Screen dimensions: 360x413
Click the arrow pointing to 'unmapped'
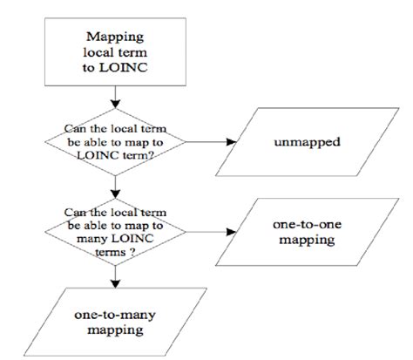pyautogui.click(x=208, y=140)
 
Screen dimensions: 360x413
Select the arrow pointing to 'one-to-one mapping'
pyautogui.click(x=208, y=231)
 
